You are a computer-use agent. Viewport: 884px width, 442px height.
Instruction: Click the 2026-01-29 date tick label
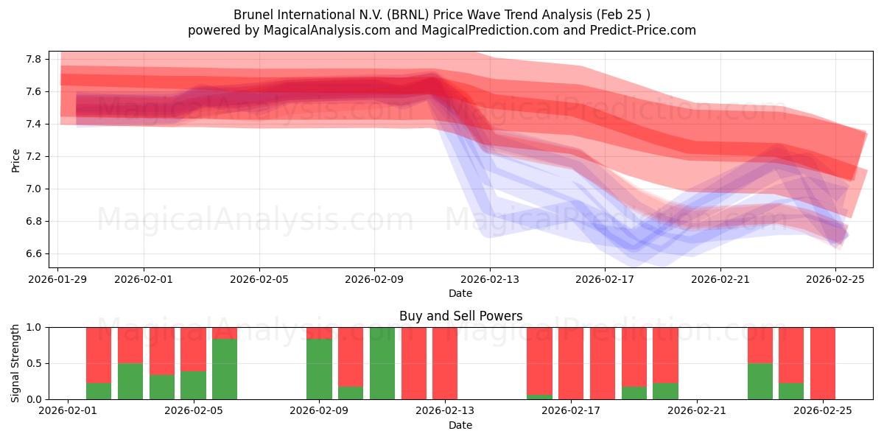pos(58,279)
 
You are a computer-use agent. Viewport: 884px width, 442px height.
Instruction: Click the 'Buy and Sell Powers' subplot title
pos(460,316)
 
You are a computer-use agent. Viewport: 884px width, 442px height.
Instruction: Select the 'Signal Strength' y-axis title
pos(15,363)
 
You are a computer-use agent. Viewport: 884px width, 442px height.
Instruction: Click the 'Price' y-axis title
pos(15,160)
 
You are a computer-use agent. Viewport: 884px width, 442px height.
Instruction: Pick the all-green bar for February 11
pos(382,363)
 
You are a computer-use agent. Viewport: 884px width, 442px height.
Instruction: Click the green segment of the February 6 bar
pos(225,369)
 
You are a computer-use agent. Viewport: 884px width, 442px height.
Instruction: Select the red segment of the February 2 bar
pos(99,354)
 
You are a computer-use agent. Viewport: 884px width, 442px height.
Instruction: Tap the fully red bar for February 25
pos(822,363)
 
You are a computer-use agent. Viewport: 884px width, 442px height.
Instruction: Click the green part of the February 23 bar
pos(760,381)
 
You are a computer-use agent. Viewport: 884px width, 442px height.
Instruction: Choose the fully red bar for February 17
pos(571,363)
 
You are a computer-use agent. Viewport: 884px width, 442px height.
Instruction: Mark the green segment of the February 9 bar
pos(319,369)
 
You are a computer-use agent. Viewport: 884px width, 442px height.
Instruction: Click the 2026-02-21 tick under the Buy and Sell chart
pos(697,411)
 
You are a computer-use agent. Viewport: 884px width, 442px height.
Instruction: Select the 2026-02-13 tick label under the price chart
pos(490,279)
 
